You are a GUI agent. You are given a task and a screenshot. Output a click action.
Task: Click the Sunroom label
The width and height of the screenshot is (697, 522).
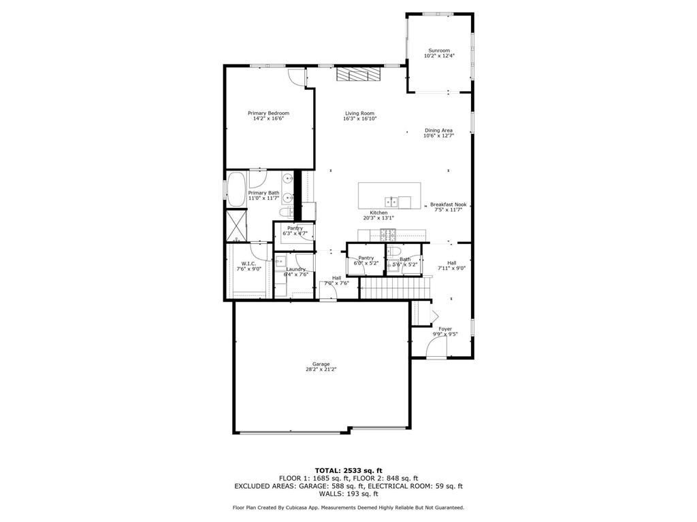coord(438,50)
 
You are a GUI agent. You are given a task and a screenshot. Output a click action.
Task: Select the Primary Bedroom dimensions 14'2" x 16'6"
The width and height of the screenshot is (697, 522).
coord(268,119)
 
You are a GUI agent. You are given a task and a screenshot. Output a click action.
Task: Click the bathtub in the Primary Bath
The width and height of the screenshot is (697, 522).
coord(236,190)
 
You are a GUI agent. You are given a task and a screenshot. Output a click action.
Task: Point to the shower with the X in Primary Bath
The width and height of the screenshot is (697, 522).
coord(237,226)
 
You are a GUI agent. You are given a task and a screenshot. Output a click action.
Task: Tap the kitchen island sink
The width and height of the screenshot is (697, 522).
coord(391,201)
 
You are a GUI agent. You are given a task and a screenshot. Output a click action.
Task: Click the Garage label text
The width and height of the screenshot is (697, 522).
coord(321,364)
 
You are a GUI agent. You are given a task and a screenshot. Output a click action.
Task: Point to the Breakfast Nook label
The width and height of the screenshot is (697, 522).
coord(448,205)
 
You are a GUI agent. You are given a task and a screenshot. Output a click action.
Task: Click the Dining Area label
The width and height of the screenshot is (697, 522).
coord(438,130)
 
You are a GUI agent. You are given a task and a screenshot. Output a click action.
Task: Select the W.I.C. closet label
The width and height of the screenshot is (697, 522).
coord(248,264)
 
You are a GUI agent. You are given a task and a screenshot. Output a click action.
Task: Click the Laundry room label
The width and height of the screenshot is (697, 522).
coord(295,269)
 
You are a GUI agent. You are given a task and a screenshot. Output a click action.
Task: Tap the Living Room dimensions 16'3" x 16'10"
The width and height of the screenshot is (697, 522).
coord(359,119)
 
